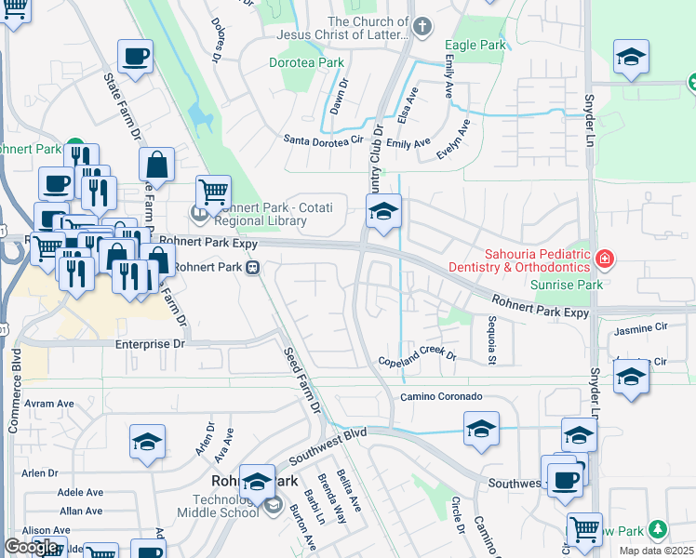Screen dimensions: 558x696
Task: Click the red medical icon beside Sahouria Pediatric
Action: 605,258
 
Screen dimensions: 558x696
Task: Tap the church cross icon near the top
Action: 422,26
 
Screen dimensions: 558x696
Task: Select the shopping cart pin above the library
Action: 214,193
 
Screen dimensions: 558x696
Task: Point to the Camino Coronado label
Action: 441,396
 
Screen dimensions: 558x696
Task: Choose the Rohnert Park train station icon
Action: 251,268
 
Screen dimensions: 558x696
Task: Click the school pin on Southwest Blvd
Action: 481,430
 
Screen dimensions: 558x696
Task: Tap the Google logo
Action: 32,547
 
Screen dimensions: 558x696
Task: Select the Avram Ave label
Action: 49,404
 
